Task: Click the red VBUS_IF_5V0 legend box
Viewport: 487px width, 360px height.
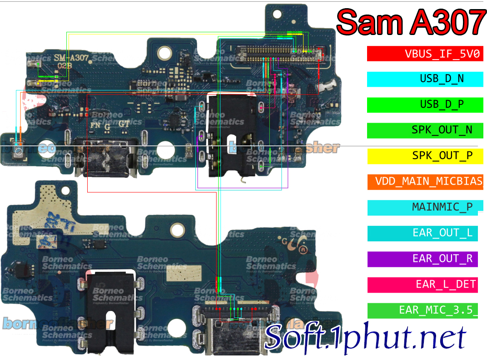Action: pos(425,54)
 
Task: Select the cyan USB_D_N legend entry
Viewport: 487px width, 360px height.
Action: pos(425,79)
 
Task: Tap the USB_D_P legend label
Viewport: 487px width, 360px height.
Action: pos(425,105)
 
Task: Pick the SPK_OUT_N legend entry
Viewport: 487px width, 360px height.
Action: pos(425,130)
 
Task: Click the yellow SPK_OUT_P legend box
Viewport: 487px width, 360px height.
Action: pos(425,156)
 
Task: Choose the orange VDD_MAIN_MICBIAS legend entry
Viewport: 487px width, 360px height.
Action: pos(425,182)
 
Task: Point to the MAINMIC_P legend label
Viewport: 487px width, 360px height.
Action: pos(425,207)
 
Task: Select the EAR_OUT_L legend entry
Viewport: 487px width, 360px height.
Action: pos(425,233)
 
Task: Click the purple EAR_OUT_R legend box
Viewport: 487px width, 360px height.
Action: pos(425,259)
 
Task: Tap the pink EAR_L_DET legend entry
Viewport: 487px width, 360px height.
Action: pos(425,285)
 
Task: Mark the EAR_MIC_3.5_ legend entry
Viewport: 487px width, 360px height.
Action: pos(425,310)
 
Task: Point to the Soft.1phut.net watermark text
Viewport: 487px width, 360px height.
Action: pos(365,337)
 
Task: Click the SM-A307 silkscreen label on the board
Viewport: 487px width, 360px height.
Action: pos(71,58)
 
